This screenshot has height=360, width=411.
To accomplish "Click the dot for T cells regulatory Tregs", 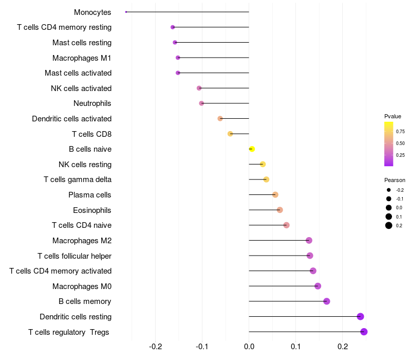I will [364, 332].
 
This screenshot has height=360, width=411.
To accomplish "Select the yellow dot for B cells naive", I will [252, 149].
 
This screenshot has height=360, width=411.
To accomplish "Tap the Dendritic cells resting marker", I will [360, 317].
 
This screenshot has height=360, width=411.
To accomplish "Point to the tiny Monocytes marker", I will [126, 12].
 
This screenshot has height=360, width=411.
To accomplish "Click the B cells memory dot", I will [327, 301].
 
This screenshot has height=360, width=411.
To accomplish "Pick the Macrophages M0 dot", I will [317, 286].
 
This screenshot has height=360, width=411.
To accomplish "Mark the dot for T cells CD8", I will [230, 134].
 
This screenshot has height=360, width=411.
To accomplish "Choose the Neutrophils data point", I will [201, 103].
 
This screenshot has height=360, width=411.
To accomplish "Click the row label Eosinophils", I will [92, 210].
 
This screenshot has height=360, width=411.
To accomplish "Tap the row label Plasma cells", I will [90, 195].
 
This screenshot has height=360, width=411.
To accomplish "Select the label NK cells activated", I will [81, 88].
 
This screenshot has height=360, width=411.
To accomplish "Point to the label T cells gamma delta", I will [78, 179].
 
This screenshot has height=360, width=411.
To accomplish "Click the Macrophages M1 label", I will [82, 58].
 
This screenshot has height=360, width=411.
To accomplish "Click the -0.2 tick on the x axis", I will [156, 347].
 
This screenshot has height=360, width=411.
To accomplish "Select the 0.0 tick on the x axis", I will [249, 347].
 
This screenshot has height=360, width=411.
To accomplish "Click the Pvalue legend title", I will [393, 116].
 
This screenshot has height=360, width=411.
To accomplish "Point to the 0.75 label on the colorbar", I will [400, 132].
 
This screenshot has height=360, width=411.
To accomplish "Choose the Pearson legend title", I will [395, 181].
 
